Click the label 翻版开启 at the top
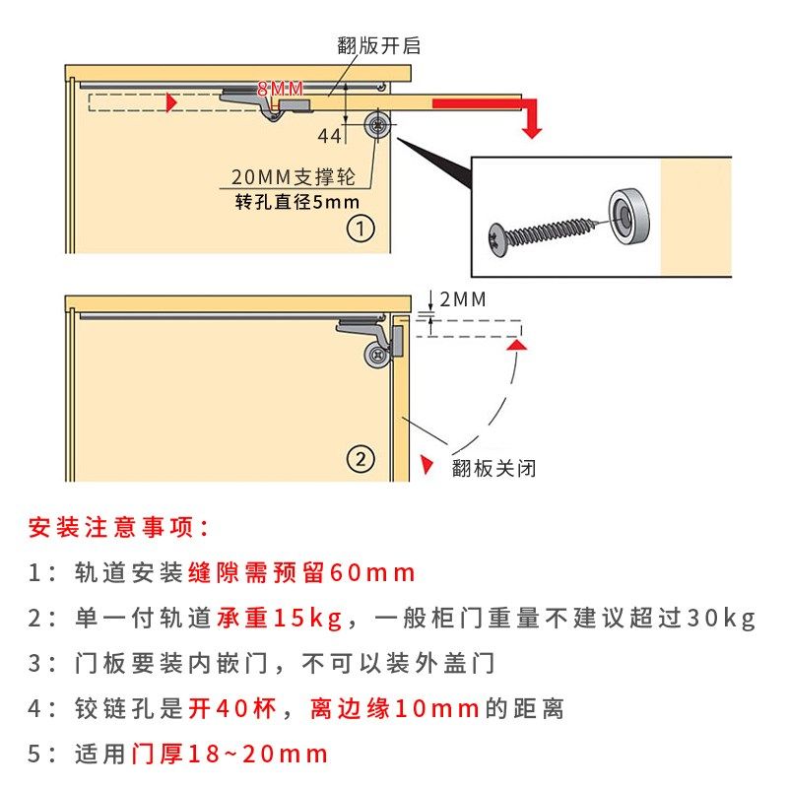coord(379,46)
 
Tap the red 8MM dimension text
coord(281,90)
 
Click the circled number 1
coord(361,230)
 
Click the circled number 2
coord(361,459)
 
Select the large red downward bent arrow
coord(492,108)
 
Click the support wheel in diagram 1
coord(377,125)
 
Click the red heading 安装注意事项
coord(118,527)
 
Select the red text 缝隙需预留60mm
coord(301,573)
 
